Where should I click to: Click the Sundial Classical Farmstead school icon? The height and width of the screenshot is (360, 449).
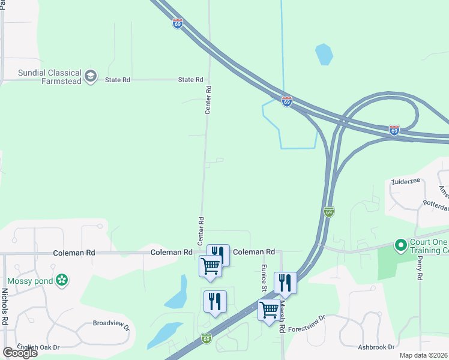point(91,76)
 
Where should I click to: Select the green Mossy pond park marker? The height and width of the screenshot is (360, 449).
point(61,280)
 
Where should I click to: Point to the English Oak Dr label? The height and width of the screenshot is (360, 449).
point(38,347)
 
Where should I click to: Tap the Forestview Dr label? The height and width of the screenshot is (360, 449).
point(306,323)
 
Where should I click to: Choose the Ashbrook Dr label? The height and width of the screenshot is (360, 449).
point(376,347)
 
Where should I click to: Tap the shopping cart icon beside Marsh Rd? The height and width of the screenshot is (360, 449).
point(269,310)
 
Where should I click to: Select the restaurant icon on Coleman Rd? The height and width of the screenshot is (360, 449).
point(218,254)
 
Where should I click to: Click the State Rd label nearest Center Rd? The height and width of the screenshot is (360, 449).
point(190,79)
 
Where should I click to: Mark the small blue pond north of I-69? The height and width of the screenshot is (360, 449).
point(324,55)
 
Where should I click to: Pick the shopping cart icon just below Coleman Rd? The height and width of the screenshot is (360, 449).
point(210,266)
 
